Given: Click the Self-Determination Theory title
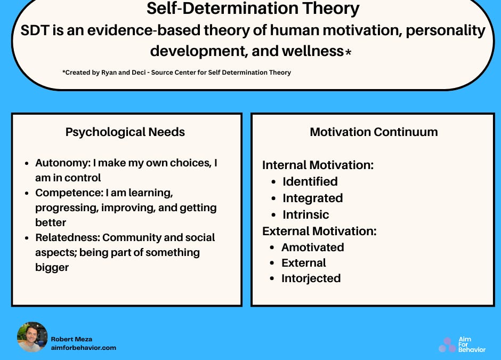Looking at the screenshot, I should (253, 9).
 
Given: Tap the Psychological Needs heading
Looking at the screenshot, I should (125, 132).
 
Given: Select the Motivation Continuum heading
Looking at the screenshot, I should (374, 132).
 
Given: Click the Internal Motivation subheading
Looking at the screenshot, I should (318, 165).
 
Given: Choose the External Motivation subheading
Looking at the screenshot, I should (319, 231).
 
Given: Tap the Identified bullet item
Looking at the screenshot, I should (310, 181).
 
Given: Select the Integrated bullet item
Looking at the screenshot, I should (312, 198).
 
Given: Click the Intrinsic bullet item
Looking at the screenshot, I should (305, 214).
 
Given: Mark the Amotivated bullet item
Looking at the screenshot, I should (312, 247).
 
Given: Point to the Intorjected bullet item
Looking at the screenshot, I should (311, 278).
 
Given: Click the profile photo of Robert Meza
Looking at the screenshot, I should (32, 337).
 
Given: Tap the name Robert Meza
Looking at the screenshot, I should (71, 339).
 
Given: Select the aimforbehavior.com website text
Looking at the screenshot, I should (83, 348).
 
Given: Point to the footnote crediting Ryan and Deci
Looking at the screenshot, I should (176, 73).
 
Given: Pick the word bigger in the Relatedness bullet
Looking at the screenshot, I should (52, 267).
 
